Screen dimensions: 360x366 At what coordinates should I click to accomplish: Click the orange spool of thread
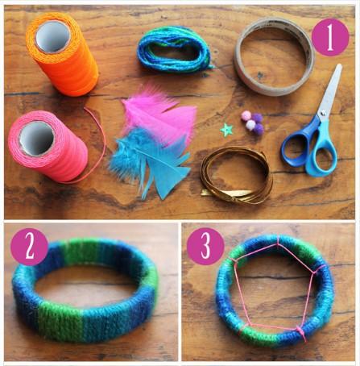[x=62, y=55]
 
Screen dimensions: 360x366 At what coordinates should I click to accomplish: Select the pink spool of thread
[x=48, y=147]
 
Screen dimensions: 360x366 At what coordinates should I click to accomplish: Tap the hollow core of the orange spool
[x=53, y=36]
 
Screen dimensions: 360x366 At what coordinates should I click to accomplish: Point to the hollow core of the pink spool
[x=36, y=138]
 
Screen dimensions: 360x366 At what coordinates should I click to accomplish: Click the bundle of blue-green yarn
[x=174, y=48]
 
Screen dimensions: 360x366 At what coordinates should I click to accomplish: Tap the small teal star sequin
[x=226, y=130]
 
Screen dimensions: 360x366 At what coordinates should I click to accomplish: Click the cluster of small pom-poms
[x=253, y=123]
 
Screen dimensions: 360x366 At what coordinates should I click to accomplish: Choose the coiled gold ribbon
[x=236, y=176]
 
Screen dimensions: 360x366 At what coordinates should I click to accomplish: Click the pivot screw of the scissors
[x=323, y=112]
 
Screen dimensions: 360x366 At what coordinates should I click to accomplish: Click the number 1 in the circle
[x=330, y=37]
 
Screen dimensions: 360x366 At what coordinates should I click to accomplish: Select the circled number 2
[x=29, y=247]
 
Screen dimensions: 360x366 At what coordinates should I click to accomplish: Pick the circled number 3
[x=205, y=247]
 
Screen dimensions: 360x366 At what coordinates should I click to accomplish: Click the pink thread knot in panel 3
[x=300, y=332]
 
